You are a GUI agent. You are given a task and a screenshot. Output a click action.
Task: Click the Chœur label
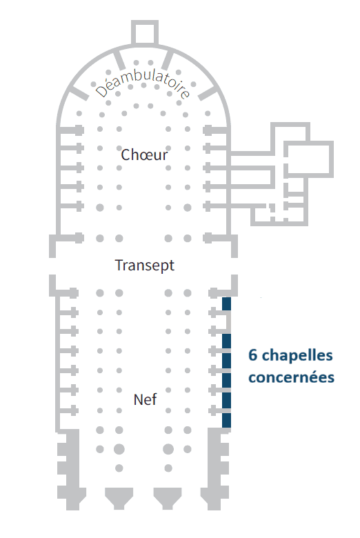[x=144, y=155]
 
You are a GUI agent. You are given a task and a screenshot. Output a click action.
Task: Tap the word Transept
[x=144, y=266]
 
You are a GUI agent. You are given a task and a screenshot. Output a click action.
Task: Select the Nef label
[x=145, y=399]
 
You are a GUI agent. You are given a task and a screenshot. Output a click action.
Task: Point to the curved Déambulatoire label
[x=143, y=83]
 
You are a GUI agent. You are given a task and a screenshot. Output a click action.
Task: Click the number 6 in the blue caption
[x=252, y=355]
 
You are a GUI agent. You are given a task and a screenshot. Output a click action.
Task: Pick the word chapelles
[x=297, y=355]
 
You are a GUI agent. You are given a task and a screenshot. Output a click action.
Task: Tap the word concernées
[x=291, y=377]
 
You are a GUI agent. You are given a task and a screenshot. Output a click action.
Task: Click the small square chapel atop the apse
[x=145, y=32]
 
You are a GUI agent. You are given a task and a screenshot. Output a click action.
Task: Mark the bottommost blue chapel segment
[x=226, y=420]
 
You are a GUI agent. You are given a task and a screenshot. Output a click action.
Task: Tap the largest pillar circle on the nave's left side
[x=119, y=449]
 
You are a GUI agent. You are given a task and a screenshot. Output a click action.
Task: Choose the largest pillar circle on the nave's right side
[x=168, y=449]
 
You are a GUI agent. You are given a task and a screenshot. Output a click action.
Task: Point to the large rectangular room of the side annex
[x=309, y=159]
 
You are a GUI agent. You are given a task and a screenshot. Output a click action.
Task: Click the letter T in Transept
[x=119, y=265]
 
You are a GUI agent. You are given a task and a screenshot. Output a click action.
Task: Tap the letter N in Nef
[x=138, y=400]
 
